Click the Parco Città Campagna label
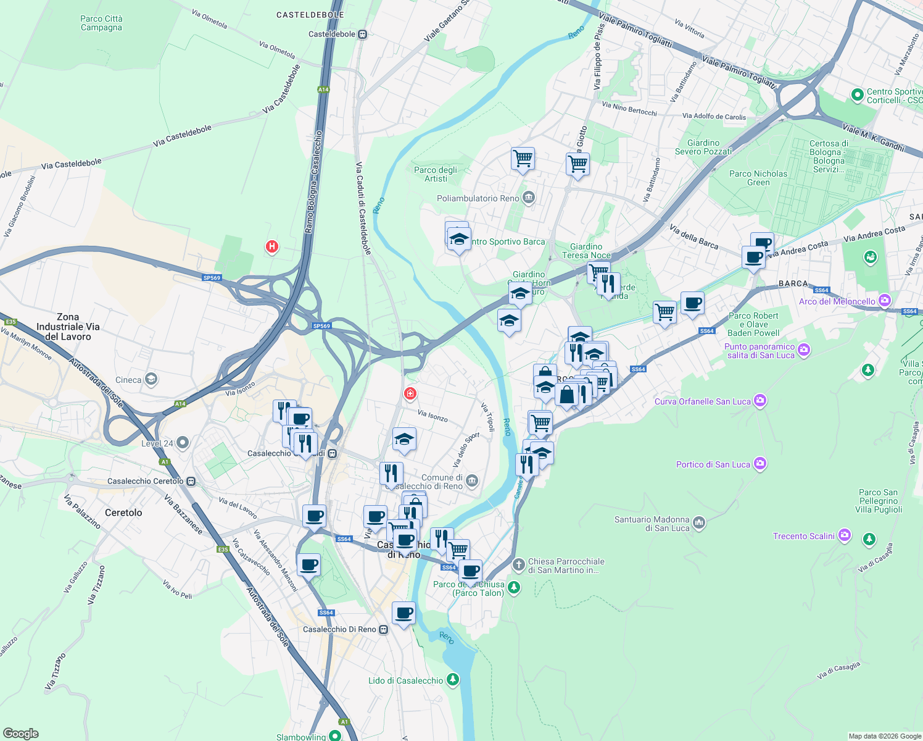point(101,23)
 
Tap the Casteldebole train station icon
point(363,35)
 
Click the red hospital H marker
point(271,247)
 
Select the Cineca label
point(128,380)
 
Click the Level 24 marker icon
point(182,443)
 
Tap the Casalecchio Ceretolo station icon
point(191,481)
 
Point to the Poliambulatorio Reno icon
point(528,198)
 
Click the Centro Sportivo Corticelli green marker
point(856,95)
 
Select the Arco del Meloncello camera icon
point(885,301)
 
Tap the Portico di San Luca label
point(713,464)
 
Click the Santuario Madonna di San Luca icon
point(698,523)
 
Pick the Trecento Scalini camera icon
point(845,535)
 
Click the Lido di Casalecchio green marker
point(453,680)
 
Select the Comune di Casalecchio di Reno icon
point(471,481)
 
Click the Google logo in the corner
point(20,733)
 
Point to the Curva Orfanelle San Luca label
point(702,401)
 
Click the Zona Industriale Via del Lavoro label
point(68,327)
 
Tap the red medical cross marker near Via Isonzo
point(410,393)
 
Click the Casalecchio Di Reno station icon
point(384,629)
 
